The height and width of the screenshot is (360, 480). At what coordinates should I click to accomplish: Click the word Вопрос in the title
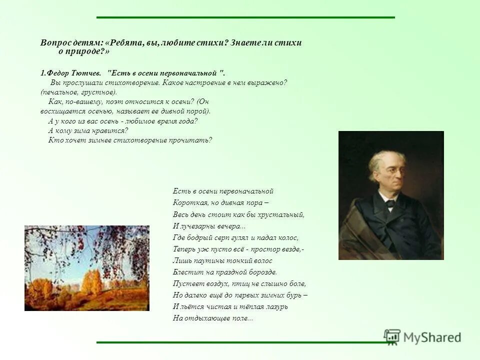pos(56,43)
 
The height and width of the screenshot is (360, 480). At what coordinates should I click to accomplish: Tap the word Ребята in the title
pos(124,43)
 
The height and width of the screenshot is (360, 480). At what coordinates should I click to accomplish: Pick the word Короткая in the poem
pos(187,203)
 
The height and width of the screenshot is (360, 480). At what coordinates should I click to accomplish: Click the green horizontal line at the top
pos(245,17)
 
